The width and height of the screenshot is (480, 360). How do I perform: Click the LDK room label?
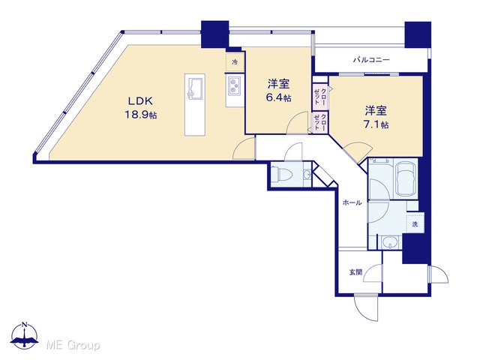(x=140, y=100)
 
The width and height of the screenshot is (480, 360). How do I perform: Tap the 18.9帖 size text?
(x=140, y=115)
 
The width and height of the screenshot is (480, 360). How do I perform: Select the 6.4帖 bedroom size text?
(x=278, y=97)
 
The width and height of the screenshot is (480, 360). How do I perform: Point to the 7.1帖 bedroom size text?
(x=376, y=124)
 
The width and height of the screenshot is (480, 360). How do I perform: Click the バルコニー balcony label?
(x=371, y=59)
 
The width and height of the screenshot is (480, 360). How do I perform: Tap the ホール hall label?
(x=352, y=202)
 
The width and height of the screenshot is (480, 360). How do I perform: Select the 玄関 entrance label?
(x=355, y=271)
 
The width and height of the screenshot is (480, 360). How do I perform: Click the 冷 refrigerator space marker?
(x=235, y=62)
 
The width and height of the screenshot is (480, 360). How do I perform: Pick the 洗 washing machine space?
(x=415, y=224)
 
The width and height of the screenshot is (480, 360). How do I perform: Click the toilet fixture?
(x=282, y=174)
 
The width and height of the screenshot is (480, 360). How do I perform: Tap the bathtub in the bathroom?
(x=406, y=178)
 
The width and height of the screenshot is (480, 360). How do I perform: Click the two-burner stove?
(x=235, y=85)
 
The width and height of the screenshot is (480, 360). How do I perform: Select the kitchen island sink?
(x=195, y=88)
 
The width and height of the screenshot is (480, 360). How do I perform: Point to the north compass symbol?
(x=25, y=336)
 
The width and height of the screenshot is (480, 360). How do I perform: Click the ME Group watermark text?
(x=73, y=346)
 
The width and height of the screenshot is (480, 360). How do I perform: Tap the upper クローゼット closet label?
(x=320, y=95)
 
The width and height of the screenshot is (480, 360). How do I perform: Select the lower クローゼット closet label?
(x=320, y=122)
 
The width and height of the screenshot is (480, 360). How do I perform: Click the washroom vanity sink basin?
(x=389, y=242)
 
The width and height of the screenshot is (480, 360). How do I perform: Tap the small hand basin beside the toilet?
(x=307, y=175)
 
